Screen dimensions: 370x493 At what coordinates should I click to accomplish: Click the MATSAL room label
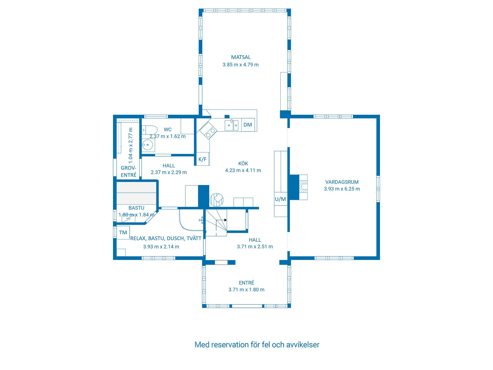click(241, 57)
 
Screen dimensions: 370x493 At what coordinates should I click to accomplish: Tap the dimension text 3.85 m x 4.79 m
click(241, 65)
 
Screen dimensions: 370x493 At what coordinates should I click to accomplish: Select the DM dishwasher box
click(248, 125)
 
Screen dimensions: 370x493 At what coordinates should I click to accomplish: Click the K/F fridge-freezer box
click(202, 159)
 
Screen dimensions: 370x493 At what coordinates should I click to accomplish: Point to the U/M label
click(280, 199)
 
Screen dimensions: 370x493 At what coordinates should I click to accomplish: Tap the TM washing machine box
click(123, 233)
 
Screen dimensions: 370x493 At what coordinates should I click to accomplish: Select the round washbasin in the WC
click(148, 145)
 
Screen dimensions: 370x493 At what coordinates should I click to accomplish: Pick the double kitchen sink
click(232, 125)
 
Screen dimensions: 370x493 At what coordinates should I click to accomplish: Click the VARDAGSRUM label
click(342, 182)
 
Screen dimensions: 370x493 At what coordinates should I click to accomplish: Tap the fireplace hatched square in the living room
click(304, 187)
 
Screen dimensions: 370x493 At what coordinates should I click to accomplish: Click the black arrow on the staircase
click(225, 220)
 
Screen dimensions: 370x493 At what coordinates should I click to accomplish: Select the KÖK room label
click(243, 164)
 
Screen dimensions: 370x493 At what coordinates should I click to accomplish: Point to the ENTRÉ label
click(246, 283)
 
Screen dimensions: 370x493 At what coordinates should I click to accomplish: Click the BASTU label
click(136, 208)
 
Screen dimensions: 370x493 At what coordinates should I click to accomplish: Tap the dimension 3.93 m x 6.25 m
click(342, 189)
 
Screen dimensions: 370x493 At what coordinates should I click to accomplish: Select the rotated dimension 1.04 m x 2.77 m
click(131, 145)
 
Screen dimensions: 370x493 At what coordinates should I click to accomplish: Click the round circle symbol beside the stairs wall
click(217, 200)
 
